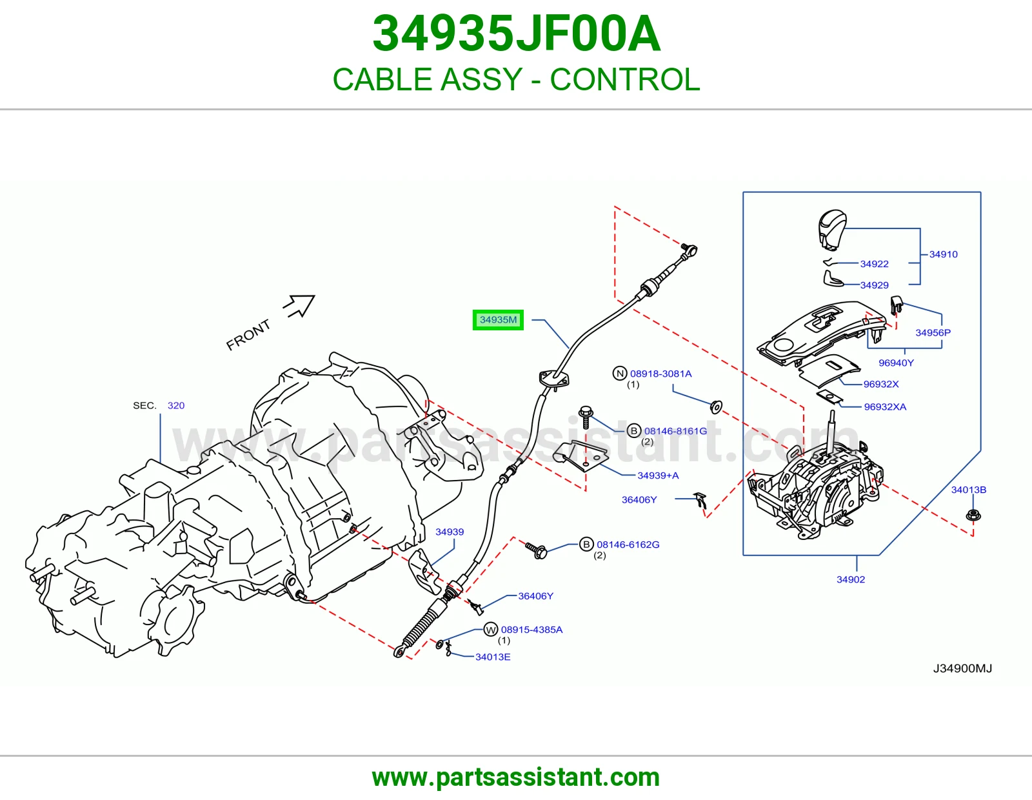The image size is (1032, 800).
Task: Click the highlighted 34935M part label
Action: click(x=498, y=320)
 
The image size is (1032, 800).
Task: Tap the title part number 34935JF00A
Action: click(x=516, y=34)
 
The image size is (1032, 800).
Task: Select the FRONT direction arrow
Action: click(x=299, y=305)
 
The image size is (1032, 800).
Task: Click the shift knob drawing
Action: click(x=832, y=230)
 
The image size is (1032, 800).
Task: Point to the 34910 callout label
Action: click(x=943, y=254)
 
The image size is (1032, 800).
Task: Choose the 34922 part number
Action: click(x=875, y=264)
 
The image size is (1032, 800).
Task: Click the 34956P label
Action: click(x=933, y=332)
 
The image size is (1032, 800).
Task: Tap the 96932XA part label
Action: click(x=885, y=406)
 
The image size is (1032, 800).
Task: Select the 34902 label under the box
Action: click(x=851, y=579)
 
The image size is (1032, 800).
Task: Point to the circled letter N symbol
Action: click(x=620, y=374)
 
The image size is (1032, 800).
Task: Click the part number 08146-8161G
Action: click(x=675, y=431)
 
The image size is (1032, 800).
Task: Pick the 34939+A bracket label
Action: click(x=658, y=475)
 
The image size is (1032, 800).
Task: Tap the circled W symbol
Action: click(x=491, y=630)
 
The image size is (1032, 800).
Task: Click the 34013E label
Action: click(x=493, y=657)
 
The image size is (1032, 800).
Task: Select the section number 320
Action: click(x=175, y=405)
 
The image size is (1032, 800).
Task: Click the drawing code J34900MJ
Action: click(x=962, y=668)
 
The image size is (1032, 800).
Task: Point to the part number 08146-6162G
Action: click(x=628, y=545)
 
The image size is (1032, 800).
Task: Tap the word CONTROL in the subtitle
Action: click(x=625, y=79)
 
